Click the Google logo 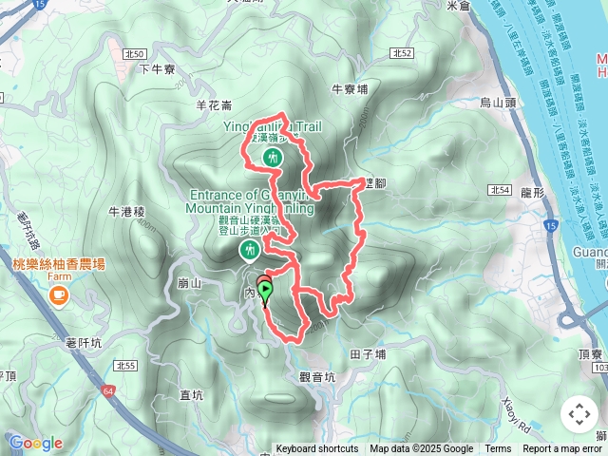(35, 443)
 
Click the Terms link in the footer (498, 449)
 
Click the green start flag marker (266, 291)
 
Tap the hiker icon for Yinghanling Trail (273, 157)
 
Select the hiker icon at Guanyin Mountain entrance (250, 250)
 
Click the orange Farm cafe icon (60, 296)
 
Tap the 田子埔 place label (368, 354)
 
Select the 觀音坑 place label (317, 376)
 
